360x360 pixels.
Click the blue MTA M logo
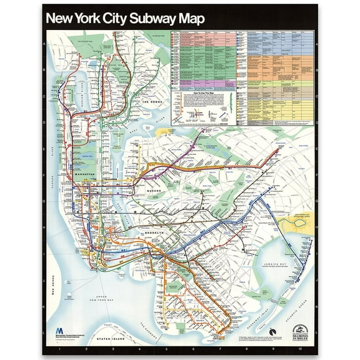pyautogui.click(x=59, y=329)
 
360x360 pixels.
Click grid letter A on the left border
pyautogui.click(x=44, y=43)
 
